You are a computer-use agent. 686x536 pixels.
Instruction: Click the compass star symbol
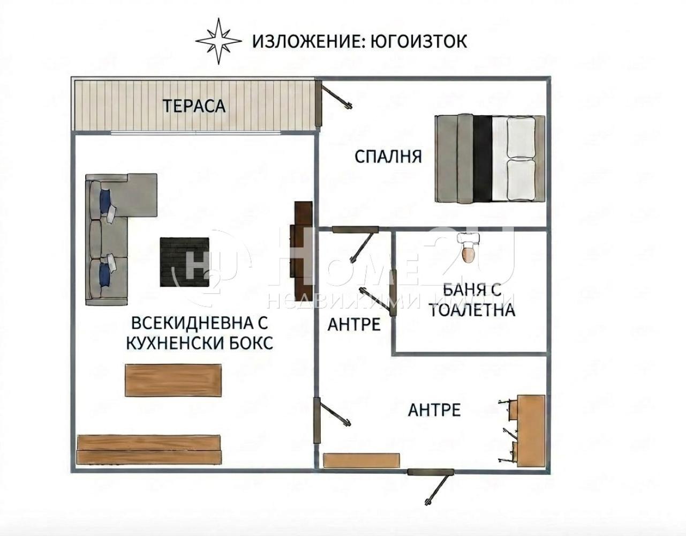217,41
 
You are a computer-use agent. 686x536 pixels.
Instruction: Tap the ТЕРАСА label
194,106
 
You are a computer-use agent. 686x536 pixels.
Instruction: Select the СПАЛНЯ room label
388,157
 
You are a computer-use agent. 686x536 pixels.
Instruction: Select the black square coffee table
185,262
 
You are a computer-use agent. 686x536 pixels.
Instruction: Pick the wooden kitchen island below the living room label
173,381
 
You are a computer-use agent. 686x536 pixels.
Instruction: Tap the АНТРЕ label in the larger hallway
434,410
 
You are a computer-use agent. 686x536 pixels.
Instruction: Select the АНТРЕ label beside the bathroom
354,324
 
